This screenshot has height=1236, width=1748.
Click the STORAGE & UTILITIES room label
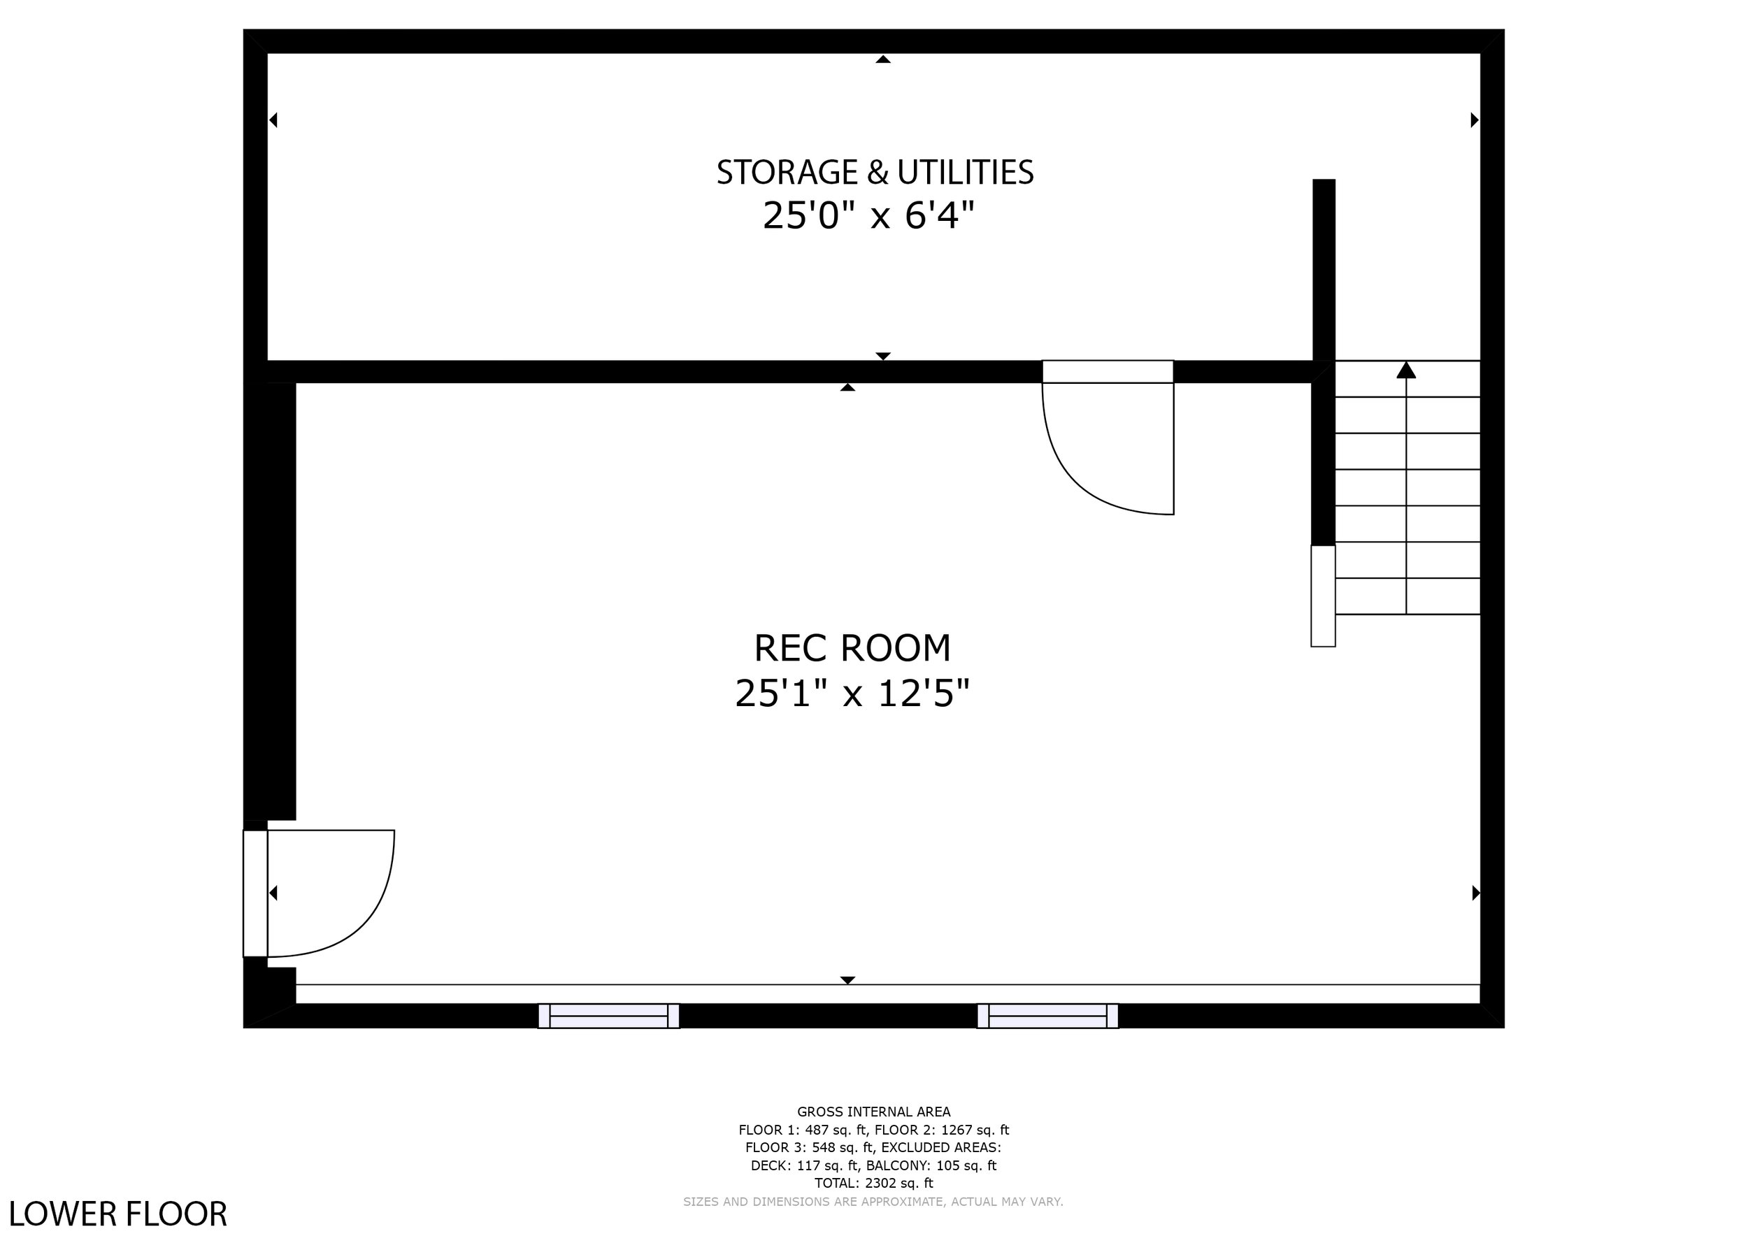click(x=875, y=172)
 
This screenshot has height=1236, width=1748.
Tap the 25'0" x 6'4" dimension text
click(x=868, y=215)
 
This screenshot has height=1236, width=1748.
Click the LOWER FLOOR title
click(x=118, y=1213)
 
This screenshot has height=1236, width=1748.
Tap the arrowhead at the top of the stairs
click(x=1406, y=370)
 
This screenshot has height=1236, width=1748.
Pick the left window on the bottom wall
click(x=608, y=1015)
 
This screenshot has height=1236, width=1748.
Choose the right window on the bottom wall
click(x=1047, y=1015)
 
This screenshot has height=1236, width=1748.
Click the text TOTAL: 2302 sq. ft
click(x=873, y=1183)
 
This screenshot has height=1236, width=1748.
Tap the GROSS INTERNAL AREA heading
click(x=873, y=1112)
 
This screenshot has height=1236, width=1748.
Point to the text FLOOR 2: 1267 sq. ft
click(x=942, y=1130)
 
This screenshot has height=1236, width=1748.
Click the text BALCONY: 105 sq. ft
click(x=931, y=1165)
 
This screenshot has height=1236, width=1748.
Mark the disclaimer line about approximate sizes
click(x=873, y=1202)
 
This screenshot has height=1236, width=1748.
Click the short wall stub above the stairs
click(x=1324, y=269)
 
